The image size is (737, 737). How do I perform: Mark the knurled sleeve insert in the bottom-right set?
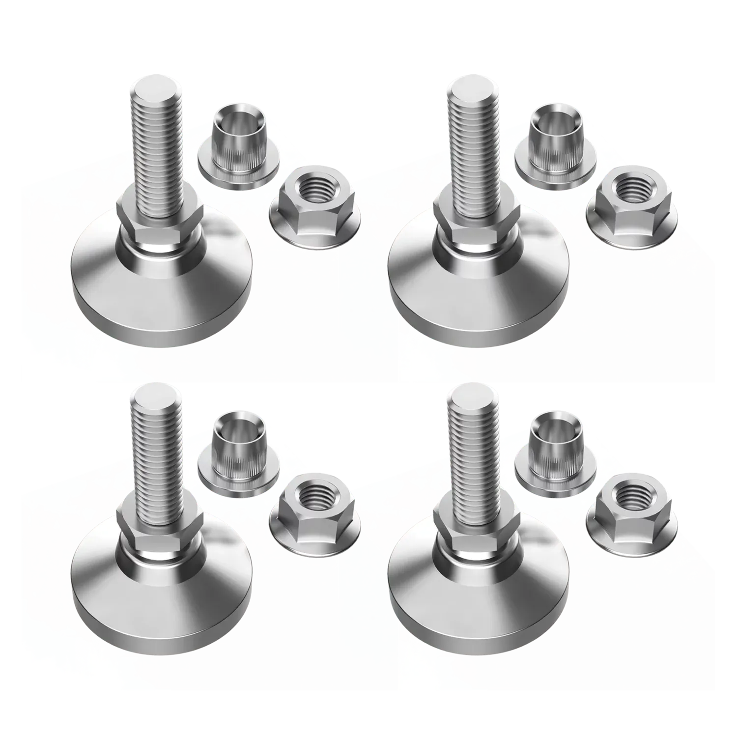coord(554,450)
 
